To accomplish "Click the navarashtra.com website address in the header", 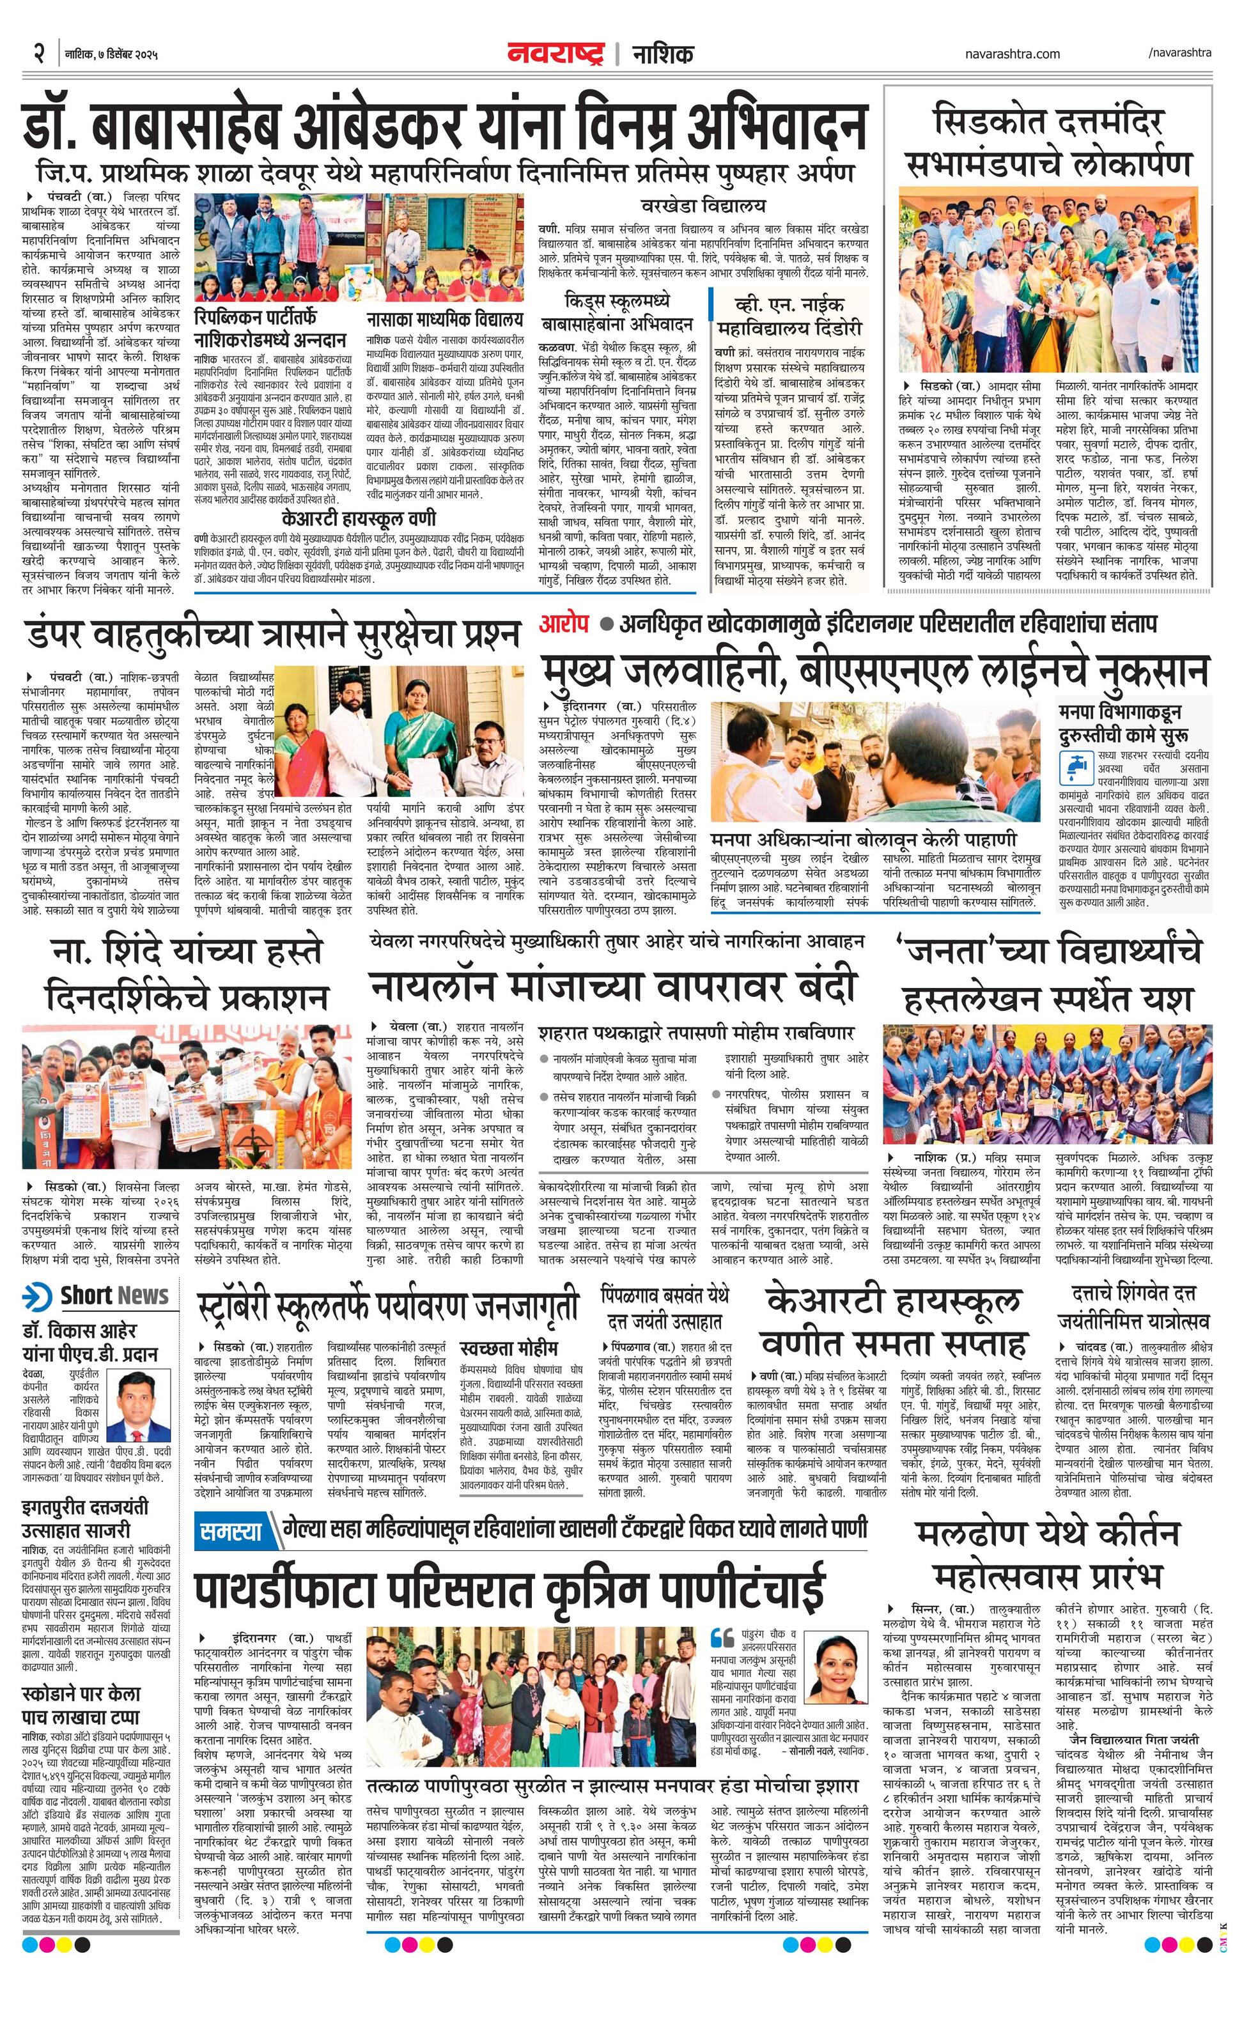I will [1012, 54].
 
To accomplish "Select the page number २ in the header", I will [38, 54].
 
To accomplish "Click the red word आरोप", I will [564, 624].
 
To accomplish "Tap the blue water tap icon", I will [1075, 765].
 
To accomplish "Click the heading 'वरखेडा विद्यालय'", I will [714, 206].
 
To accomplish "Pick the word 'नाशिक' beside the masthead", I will [662, 54].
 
